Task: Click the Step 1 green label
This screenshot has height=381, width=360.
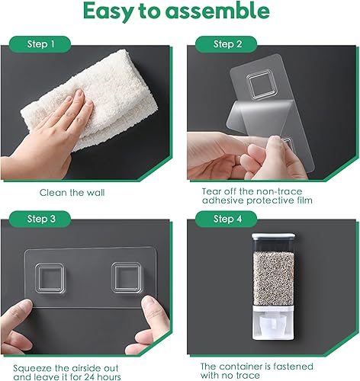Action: (40, 44)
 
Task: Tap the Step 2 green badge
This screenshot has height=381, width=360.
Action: (227, 44)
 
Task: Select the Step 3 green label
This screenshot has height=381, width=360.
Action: (40, 219)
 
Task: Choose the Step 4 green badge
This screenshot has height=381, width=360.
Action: (227, 219)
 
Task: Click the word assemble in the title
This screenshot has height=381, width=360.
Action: (217, 11)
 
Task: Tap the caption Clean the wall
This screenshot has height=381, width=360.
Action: (72, 193)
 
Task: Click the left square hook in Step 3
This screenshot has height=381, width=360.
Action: (50, 278)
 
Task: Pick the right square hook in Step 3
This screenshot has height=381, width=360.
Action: (126, 278)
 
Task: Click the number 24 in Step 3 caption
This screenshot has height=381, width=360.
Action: (92, 376)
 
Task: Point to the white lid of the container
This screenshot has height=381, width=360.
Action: (274, 236)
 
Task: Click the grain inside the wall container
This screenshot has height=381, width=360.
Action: (274, 278)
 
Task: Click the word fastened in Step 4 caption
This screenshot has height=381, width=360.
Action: (293, 367)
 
